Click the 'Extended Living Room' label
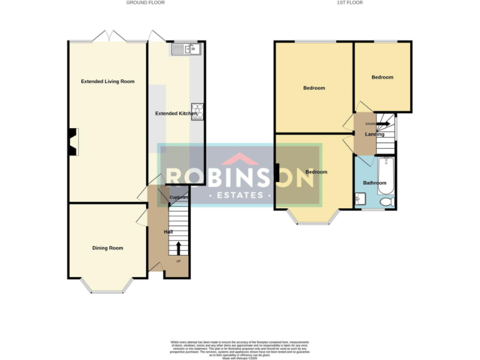click(107, 81)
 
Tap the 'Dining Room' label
click(107, 248)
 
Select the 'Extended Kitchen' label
click(176, 114)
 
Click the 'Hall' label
click(168, 232)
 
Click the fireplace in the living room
click(73, 141)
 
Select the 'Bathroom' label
click(375, 183)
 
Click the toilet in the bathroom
click(387, 201)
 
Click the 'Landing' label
click(374, 134)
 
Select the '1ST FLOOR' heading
click(349, 2)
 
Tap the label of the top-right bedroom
click(382, 77)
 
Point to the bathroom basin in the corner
click(360, 200)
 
